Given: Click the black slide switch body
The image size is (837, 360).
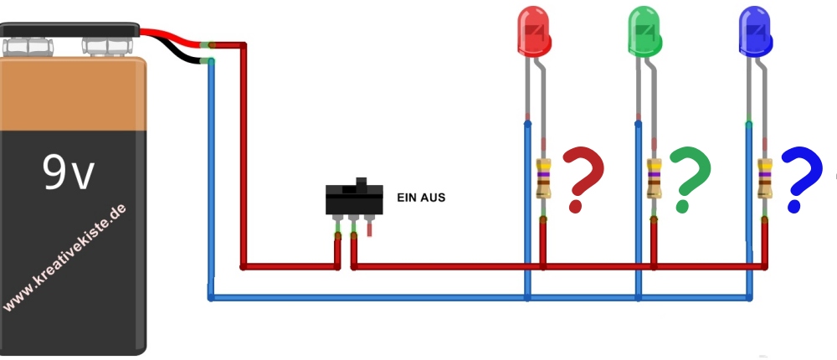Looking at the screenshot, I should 354,201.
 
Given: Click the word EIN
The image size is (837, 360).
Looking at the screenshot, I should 408,198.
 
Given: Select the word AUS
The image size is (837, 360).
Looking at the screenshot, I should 434,198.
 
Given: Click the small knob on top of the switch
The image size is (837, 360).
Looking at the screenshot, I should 362,182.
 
